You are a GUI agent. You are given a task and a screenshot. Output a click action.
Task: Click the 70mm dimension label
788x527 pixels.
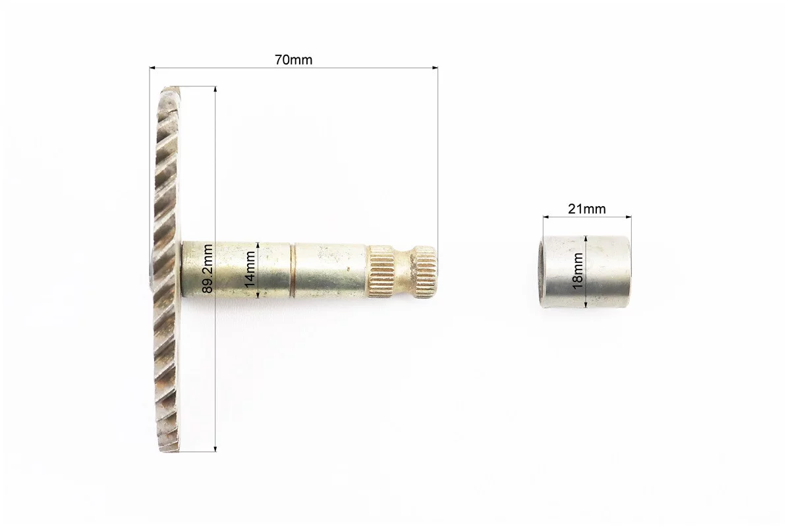[293, 60]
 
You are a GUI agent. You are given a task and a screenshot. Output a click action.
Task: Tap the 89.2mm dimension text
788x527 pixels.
[207, 267]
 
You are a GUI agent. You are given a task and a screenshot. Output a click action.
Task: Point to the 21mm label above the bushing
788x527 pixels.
[586, 208]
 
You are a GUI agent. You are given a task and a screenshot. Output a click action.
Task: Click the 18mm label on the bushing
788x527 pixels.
[578, 271]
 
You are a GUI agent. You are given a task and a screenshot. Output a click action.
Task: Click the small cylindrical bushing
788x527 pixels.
[585, 272]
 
